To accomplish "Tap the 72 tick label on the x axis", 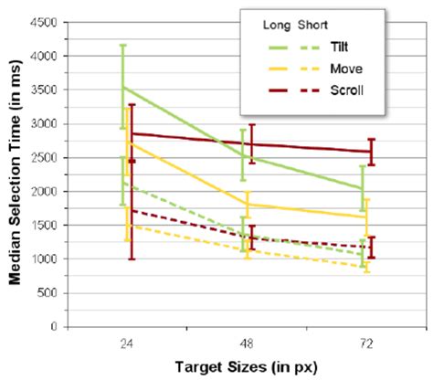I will point(366,345).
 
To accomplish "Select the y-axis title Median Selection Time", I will point(14,174).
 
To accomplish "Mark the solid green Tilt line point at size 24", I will point(122,87).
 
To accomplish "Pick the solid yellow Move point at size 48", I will point(245,205).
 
